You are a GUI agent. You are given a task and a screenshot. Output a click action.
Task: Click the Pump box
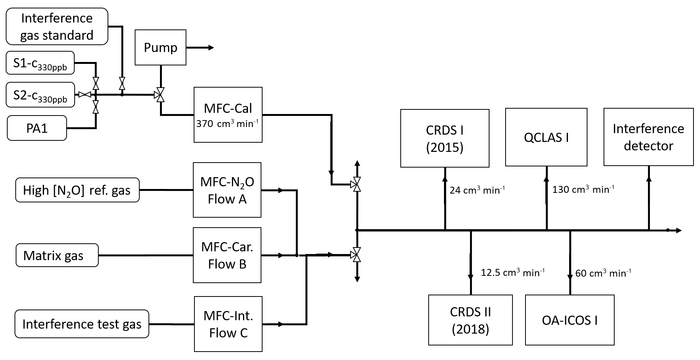160,47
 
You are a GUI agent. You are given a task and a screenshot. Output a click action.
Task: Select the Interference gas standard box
57,26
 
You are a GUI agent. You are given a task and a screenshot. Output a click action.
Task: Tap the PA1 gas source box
37,128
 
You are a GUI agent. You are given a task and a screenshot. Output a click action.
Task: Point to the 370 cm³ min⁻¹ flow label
228,124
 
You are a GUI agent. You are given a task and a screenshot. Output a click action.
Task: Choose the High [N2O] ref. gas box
77,190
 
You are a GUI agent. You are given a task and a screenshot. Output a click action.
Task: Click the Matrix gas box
57,256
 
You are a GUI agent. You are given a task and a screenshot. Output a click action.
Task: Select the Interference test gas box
82,324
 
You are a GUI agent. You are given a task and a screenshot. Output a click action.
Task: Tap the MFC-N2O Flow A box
227,190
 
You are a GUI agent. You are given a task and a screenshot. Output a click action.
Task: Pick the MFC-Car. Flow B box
227,256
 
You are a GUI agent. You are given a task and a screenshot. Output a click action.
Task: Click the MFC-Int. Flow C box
228,324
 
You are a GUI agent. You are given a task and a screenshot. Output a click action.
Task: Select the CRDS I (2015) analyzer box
445,138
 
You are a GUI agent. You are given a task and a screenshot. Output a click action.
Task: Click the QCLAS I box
546,137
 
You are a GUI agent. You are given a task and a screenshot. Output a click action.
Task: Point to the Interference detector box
648,137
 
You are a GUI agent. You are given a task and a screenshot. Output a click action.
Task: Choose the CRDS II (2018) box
470,320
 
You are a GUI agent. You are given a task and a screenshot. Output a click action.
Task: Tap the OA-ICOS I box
569,320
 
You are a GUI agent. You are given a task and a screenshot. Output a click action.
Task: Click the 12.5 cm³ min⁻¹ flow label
512,273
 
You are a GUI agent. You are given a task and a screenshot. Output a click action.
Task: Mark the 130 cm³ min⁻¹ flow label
583,189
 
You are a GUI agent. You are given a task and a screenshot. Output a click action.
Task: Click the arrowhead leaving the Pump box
211,48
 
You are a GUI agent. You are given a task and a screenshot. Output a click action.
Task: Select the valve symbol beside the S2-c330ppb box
84,94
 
